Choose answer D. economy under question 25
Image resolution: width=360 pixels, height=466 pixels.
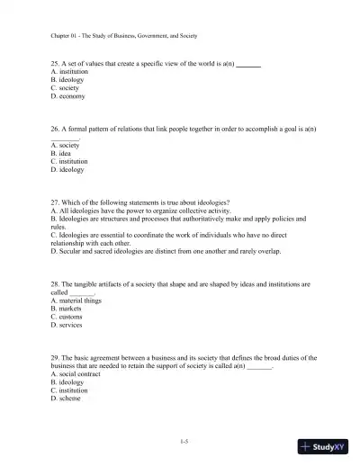tap(68, 95)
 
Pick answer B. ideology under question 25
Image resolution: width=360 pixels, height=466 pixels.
tap(67, 79)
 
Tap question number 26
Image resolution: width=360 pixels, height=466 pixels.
tap(56, 129)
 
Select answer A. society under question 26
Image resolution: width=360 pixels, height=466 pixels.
tap(66, 145)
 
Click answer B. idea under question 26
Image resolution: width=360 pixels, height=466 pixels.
tap(63, 153)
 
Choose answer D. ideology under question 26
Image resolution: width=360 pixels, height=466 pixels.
tap(67, 169)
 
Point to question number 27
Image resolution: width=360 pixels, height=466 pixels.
tap(56, 202)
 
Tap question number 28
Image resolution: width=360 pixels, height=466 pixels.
tap(56, 284)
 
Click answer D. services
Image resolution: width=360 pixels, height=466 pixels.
tap(68, 325)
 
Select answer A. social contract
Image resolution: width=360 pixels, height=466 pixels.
tap(76, 374)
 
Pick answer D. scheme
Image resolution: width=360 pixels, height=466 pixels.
tap(67, 399)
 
